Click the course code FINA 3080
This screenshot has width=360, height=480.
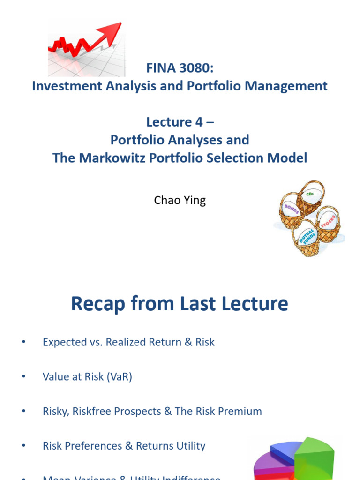180,69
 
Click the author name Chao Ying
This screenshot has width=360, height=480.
180,201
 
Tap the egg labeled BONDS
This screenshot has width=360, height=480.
291,206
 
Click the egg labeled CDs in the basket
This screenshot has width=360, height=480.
310,193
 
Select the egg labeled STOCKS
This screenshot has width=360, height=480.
328,221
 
